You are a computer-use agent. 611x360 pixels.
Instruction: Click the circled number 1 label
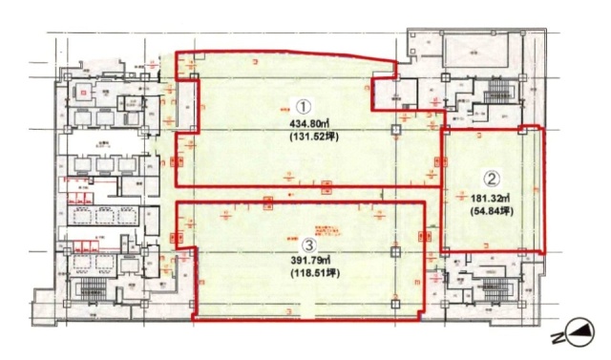[302, 105]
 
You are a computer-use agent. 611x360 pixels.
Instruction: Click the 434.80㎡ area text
[302, 122]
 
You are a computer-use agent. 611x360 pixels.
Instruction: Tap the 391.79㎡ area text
[309, 261]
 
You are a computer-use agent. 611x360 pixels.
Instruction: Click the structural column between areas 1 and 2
[443, 129]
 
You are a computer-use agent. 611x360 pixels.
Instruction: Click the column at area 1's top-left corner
[193, 76]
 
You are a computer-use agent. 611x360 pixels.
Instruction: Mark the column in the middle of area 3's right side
[395, 251]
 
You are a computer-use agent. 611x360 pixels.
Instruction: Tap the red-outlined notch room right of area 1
[394, 93]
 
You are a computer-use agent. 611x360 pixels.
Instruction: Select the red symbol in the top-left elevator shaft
[83, 93]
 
